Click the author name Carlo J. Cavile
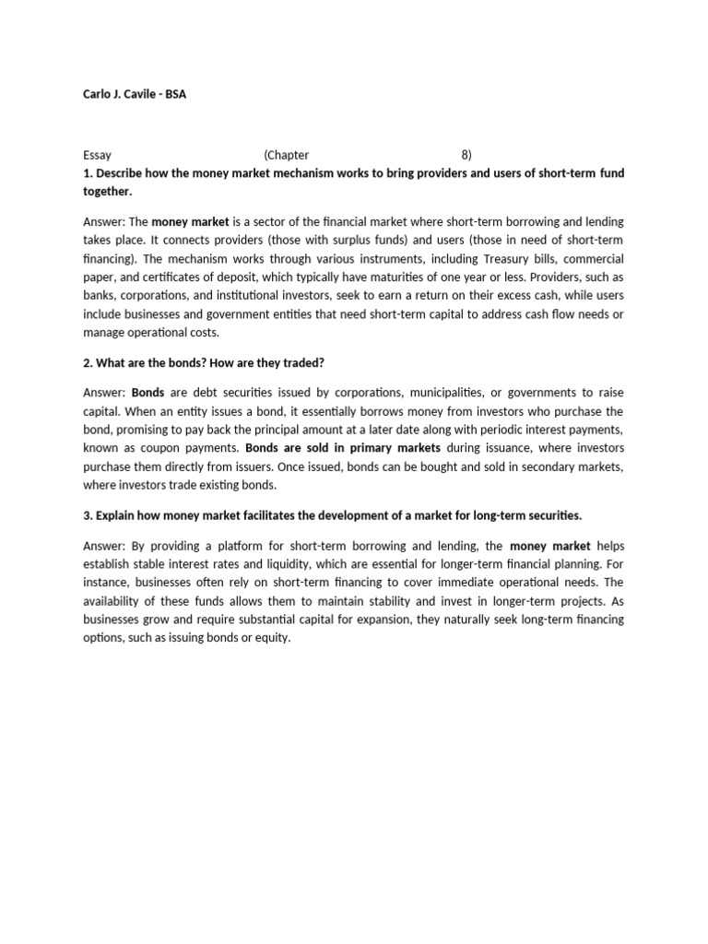tap(121, 94)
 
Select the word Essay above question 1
tap(97, 155)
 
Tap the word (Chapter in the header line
tap(286, 155)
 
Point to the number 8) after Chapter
tap(466, 155)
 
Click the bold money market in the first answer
tap(190, 222)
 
